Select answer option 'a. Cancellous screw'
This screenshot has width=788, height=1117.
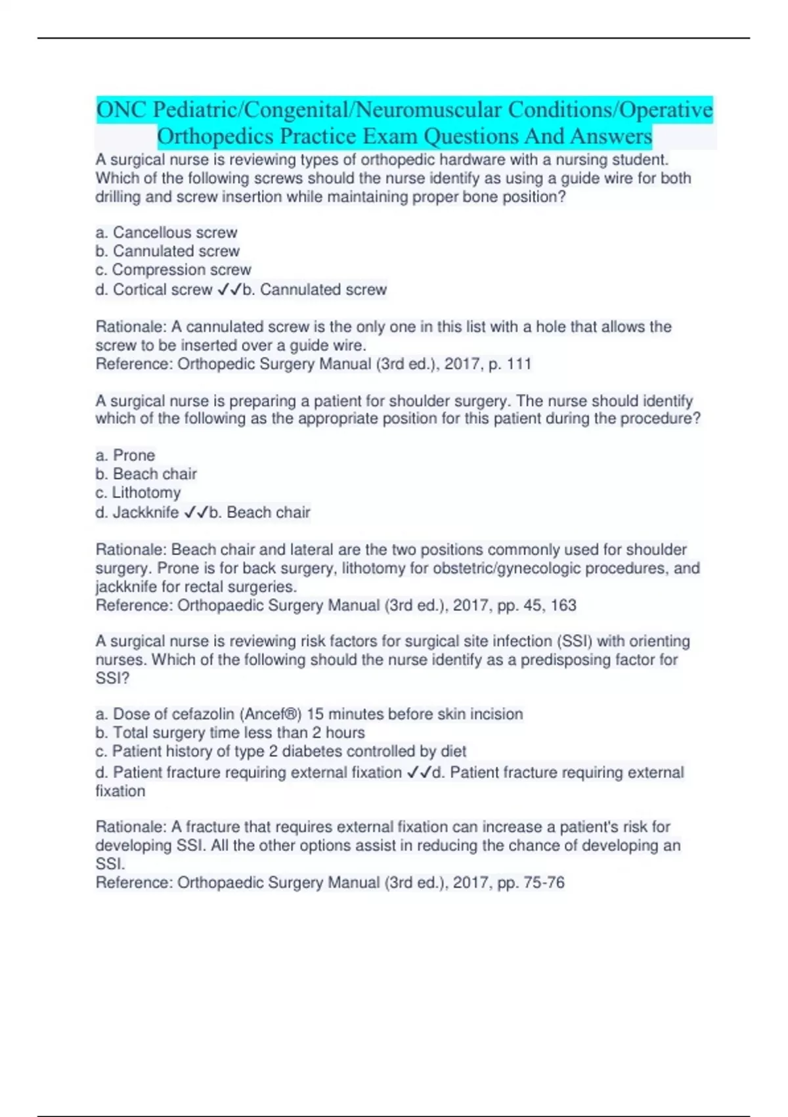(166, 233)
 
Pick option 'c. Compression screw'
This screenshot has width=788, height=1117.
(173, 270)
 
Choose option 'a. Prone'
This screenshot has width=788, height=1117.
(125, 455)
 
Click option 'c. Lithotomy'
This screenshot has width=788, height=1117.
(138, 493)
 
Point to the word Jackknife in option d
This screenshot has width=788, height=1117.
(146, 513)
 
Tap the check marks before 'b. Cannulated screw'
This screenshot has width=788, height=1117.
(229, 290)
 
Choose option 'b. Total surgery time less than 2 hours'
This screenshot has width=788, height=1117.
(230, 733)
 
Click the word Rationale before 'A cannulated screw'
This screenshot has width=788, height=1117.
(131, 327)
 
